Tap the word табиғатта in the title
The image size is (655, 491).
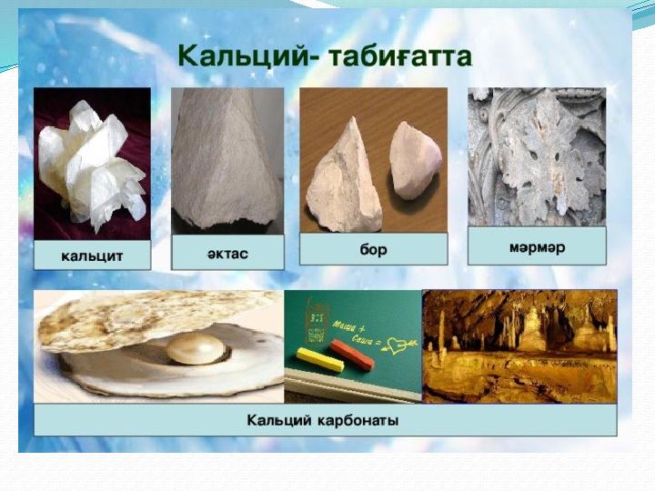[x=400, y=56]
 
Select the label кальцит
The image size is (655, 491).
[x=92, y=256]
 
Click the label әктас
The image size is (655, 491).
[x=227, y=253]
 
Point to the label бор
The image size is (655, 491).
[x=374, y=249]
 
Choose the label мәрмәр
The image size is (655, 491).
[x=538, y=247]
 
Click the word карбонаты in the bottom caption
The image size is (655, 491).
[x=358, y=419]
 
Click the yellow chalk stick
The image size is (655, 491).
[x=320, y=360]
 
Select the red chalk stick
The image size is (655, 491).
[x=352, y=355]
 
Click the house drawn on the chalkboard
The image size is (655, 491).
[x=317, y=320]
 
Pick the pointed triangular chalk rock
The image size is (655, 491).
[x=345, y=177]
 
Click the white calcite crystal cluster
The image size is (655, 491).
[x=93, y=164]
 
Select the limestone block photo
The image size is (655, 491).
[x=227, y=161]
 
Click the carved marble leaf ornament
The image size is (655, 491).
[x=537, y=156]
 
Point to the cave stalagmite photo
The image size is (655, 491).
[x=519, y=346]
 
